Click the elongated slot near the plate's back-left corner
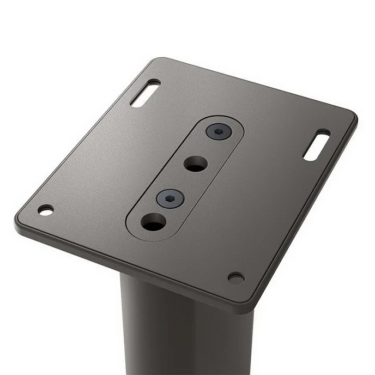pyautogui.click(x=145, y=93)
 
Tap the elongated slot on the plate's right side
pyautogui.click(x=316, y=145)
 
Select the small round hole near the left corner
pyautogui.click(x=46, y=210)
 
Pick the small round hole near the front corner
pyautogui.click(x=235, y=278)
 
